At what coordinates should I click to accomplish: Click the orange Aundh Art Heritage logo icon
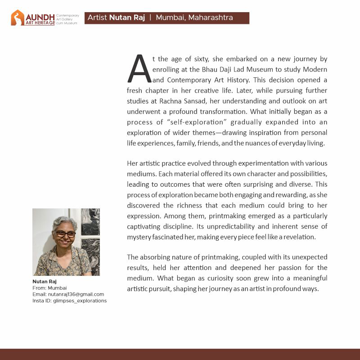click(x=18, y=18)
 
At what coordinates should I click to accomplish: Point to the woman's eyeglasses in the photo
click(x=66, y=234)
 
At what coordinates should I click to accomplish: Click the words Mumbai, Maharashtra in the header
click(x=194, y=18)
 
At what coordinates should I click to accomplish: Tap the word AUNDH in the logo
click(x=40, y=16)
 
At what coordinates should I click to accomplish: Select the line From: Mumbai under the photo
click(x=49, y=288)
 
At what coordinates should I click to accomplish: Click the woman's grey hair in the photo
click(x=65, y=223)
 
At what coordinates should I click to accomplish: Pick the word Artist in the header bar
click(x=97, y=18)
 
